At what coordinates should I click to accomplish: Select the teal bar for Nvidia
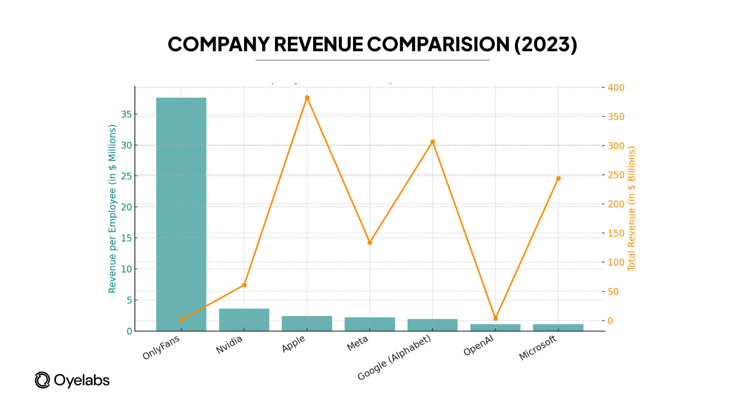[244, 320]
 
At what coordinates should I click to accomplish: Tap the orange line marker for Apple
[307, 98]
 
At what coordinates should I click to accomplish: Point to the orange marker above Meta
[370, 242]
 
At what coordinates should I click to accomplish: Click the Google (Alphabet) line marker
[433, 142]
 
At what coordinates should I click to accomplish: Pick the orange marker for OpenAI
[496, 319]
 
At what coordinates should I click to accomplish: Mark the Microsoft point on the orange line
[558, 178]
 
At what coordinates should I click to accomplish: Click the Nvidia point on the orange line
[244, 285]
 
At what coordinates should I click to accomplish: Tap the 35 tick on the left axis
[126, 114]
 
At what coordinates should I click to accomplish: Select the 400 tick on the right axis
[616, 88]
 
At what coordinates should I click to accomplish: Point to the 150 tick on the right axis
[616, 233]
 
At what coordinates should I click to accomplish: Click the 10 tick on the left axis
[126, 269]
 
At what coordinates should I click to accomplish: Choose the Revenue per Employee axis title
[112, 209]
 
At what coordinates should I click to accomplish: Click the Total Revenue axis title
[631, 209]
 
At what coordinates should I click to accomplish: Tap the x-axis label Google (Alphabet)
[394, 357]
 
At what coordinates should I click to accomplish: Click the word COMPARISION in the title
[438, 44]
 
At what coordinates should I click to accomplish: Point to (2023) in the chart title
[546, 44]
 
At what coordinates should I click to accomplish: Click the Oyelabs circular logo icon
[42, 380]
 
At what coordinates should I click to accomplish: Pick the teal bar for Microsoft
[558, 327]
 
